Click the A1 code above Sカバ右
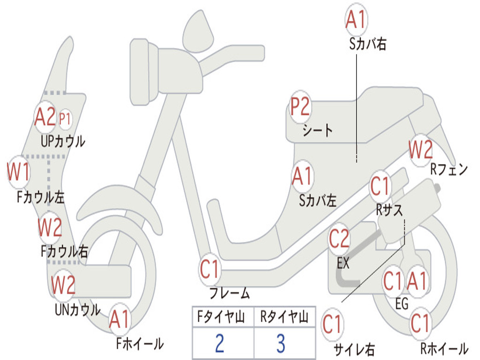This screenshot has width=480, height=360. [356, 20]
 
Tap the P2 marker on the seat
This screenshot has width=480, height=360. [300, 106]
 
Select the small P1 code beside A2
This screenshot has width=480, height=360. [65, 119]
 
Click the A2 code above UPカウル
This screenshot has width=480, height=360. [45, 117]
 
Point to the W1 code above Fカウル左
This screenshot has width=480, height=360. [19, 172]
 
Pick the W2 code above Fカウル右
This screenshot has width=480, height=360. [50, 227]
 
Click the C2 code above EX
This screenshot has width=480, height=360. [339, 239]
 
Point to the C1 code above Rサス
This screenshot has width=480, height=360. [380, 186]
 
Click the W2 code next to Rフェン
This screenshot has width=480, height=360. [421, 150]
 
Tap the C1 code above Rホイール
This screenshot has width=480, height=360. [420, 323]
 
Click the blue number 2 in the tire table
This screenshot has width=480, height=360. [220, 343]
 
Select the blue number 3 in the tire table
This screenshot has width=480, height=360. [281, 343]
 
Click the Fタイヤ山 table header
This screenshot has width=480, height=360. [221, 317]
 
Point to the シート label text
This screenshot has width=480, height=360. [317, 130]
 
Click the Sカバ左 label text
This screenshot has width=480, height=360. [318, 201]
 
